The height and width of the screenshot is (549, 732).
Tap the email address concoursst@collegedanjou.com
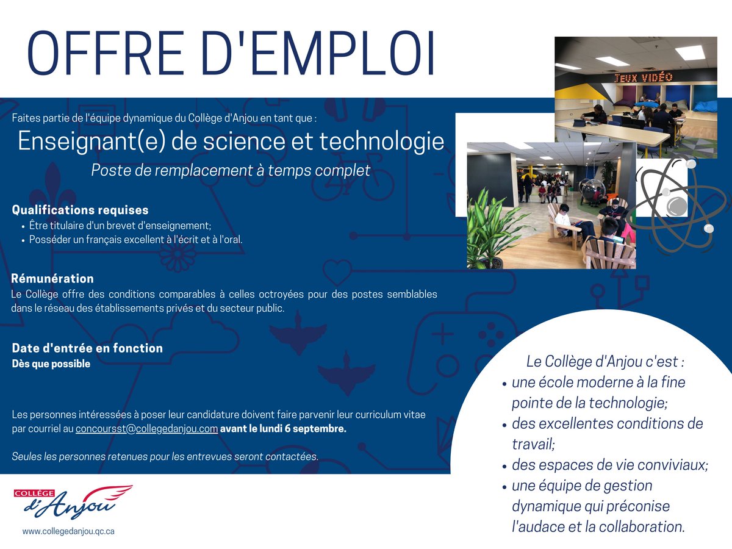[x=146, y=429]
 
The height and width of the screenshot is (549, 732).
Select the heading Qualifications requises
[x=80, y=210]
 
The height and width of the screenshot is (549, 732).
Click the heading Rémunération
[x=52, y=279]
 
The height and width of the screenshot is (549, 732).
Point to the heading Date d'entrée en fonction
[x=87, y=348]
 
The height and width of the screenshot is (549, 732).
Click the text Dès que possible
[x=51, y=364]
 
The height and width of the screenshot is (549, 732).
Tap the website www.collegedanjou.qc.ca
[x=68, y=531]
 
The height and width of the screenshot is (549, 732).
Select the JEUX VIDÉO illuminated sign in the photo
[x=643, y=77]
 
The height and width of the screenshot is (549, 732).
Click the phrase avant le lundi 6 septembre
[x=283, y=429]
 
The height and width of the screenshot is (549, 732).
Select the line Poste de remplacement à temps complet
[x=231, y=171]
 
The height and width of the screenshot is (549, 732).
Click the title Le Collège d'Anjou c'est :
[x=605, y=361]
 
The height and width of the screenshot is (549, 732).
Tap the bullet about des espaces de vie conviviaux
[x=609, y=465]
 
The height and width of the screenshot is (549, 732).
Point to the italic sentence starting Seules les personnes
[x=165, y=457]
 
